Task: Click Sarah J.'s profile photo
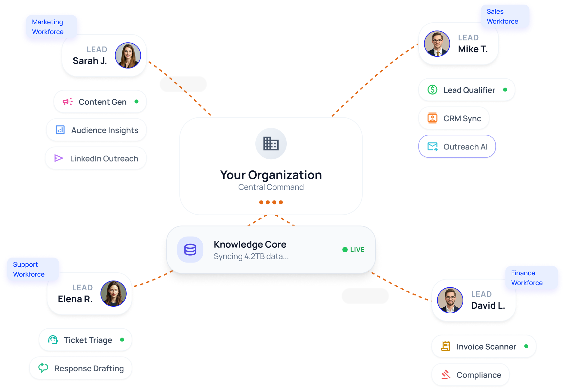128,55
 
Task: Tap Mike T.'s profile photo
437,44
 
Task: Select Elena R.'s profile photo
114,294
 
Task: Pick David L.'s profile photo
450,300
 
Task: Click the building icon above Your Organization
271,144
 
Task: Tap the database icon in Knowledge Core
190,250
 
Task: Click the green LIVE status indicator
354,250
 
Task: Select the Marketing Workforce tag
48,27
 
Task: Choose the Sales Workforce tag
502,16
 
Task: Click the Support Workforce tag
29,269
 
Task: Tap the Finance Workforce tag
527,278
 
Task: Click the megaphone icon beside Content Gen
67,102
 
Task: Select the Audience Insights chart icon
60,130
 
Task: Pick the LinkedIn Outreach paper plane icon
59,158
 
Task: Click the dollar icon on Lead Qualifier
432,90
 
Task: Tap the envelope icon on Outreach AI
432,146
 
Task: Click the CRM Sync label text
462,118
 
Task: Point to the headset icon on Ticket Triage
53,340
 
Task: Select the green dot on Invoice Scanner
526,346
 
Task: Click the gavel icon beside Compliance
446,375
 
